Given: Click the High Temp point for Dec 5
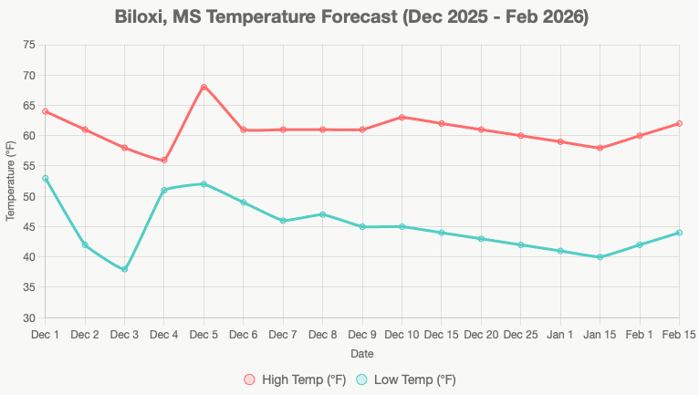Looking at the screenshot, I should click(x=203, y=87).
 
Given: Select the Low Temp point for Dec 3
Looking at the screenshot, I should click(x=124, y=269).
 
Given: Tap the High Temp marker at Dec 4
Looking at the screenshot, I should click(x=164, y=160).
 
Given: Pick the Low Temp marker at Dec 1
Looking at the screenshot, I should click(x=45, y=178).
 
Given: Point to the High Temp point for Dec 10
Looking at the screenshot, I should click(x=402, y=117).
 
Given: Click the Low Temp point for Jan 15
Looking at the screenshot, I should click(x=600, y=257).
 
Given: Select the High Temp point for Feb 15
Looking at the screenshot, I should click(x=680, y=123).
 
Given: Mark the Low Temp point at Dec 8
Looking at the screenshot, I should click(x=323, y=214).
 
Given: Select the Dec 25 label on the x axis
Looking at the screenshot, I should click(x=521, y=335).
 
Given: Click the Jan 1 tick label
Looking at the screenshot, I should click(x=560, y=335).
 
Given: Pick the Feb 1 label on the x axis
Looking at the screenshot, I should click(x=640, y=335).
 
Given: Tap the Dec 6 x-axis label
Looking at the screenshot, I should click(x=244, y=335).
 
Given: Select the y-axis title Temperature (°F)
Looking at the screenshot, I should click(x=11, y=181).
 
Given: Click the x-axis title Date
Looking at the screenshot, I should click(x=361, y=353).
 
